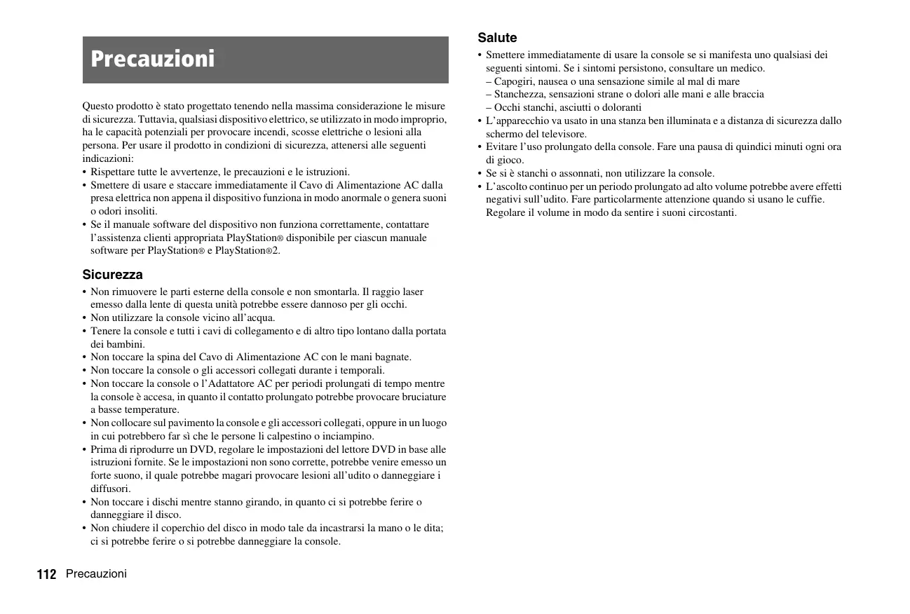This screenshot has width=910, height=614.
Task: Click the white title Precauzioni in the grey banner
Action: (x=153, y=60)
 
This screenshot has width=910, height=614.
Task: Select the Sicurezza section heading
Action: (x=112, y=275)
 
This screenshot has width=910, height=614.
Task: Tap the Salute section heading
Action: (x=497, y=38)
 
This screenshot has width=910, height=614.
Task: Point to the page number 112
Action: (x=46, y=575)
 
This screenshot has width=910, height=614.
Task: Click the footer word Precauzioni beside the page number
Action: (x=96, y=574)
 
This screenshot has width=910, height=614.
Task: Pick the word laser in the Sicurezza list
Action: (x=411, y=292)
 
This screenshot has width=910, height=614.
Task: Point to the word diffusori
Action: (x=110, y=489)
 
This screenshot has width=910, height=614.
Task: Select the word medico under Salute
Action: (x=749, y=68)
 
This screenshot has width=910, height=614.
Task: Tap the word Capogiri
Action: (x=515, y=81)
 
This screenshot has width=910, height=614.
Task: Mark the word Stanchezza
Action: (x=519, y=94)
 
